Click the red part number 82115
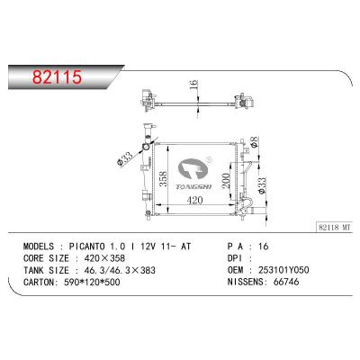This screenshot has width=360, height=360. coord(57,77)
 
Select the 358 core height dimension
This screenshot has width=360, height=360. coord(163,179)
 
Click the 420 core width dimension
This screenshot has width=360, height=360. coord(194,200)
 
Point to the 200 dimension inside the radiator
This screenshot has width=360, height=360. coord(225,180)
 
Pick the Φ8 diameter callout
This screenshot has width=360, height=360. coord(254,141)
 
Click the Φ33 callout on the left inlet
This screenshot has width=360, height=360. coord(124,157)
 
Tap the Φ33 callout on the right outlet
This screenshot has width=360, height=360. coord(261,185)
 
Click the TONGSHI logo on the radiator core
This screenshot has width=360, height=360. coord(194,174)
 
